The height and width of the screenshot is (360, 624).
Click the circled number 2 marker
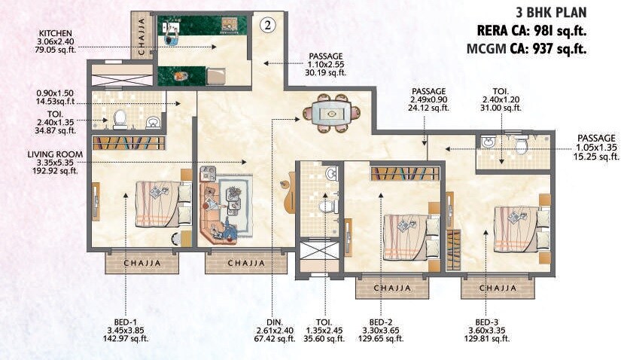[x=266, y=25]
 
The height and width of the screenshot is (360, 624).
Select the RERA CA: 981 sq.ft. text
[x=531, y=31]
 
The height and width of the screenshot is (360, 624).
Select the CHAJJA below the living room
[x=245, y=263]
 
